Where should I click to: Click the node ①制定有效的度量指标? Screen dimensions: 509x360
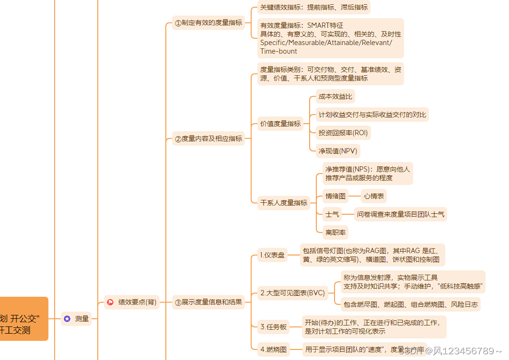pyautogui.click(x=208, y=23)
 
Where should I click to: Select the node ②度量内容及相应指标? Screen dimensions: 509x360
pyautogui.click(x=208, y=139)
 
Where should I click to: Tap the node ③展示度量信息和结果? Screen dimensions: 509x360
pyautogui.click(x=208, y=302)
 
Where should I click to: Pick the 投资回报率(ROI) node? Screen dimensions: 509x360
pyautogui.click(x=343, y=133)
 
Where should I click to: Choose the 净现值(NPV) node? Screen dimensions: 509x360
pyautogui.click(x=338, y=151)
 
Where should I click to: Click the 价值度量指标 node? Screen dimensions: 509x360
pyautogui.click(x=280, y=124)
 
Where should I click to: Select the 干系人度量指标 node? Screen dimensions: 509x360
pyautogui.click(x=284, y=203)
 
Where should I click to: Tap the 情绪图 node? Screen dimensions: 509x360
pyautogui.click(x=335, y=196)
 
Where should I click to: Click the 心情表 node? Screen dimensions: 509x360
pyautogui.click(x=373, y=196)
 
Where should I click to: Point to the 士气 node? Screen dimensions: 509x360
pyautogui.click(x=332, y=214)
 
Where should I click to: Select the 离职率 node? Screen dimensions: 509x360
pyautogui.click(x=335, y=232)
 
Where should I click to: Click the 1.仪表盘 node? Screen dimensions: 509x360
pyautogui.click(x=272, y=255)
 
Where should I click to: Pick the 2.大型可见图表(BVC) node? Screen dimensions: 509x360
pyautogui.click(x=292, y=292)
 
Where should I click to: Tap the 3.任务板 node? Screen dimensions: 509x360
pyautogui.click(x=274, y=327)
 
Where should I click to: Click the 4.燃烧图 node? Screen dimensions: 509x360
pyautogui.click(x=274, y=349)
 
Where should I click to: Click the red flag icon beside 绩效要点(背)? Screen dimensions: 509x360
pyautogui.click(x=110, y=302)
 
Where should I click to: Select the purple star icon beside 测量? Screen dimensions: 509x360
pyautogui.click(x=67, y=319)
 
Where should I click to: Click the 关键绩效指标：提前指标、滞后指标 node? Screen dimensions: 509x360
pyautogui.click(x=314, y=7)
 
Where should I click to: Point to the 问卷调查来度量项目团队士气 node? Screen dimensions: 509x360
pyautogui.click(x=401, y=214)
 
